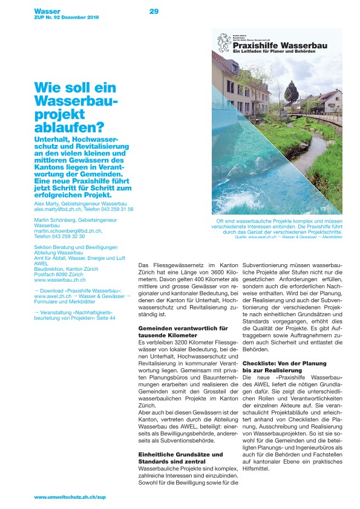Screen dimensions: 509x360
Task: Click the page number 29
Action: tap(154, 11)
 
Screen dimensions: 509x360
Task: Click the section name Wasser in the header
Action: tap(47, 11)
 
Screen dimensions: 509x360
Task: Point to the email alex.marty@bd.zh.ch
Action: tap(61, 209)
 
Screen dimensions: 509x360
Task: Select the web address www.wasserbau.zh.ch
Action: tap(60, 280)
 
